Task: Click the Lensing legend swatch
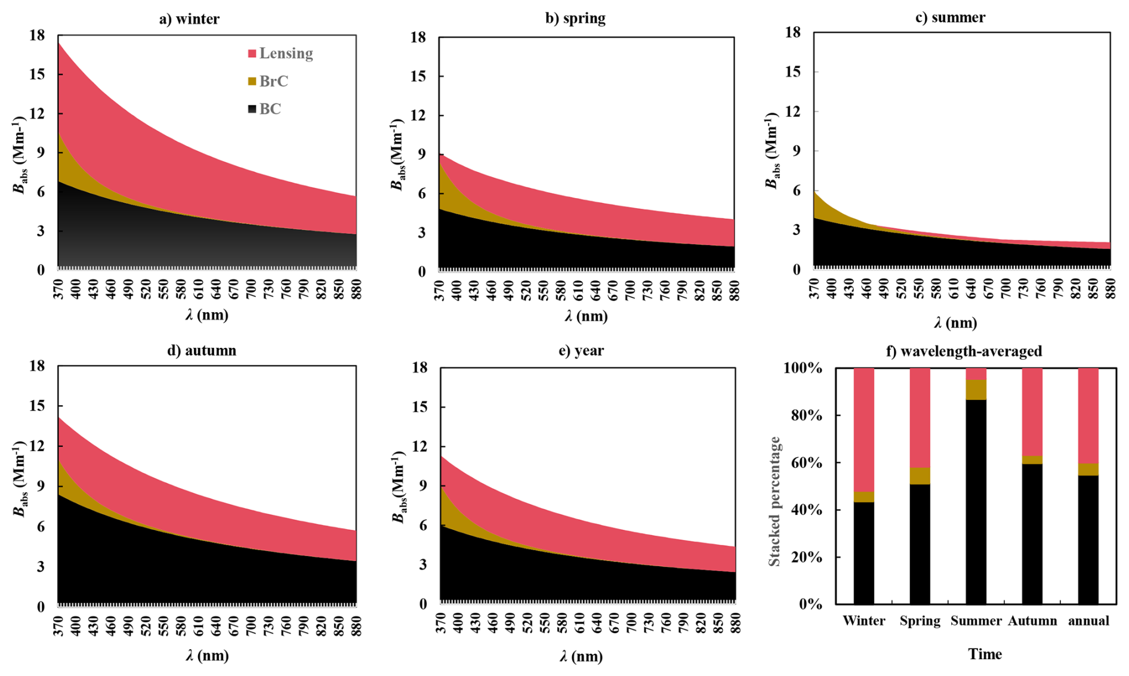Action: [252, 54]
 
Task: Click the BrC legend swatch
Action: [252, 81]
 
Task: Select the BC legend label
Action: [270, 109]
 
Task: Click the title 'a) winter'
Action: [189, 19]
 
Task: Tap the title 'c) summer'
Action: [950, 17]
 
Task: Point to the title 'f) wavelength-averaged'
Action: [964, 351]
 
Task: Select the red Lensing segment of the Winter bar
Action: [863, 430]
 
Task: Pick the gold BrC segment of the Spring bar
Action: [920, 476]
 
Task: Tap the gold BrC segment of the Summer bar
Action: [976, 390]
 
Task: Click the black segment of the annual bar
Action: [1088, 540]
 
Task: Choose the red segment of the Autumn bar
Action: [1032, 412]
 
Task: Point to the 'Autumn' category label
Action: [1032, 621]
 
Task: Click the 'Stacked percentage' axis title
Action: [774, 501]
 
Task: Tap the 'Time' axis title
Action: [985, 654]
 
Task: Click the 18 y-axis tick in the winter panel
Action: [37, 35]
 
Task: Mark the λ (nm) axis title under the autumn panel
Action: [207, 656]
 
